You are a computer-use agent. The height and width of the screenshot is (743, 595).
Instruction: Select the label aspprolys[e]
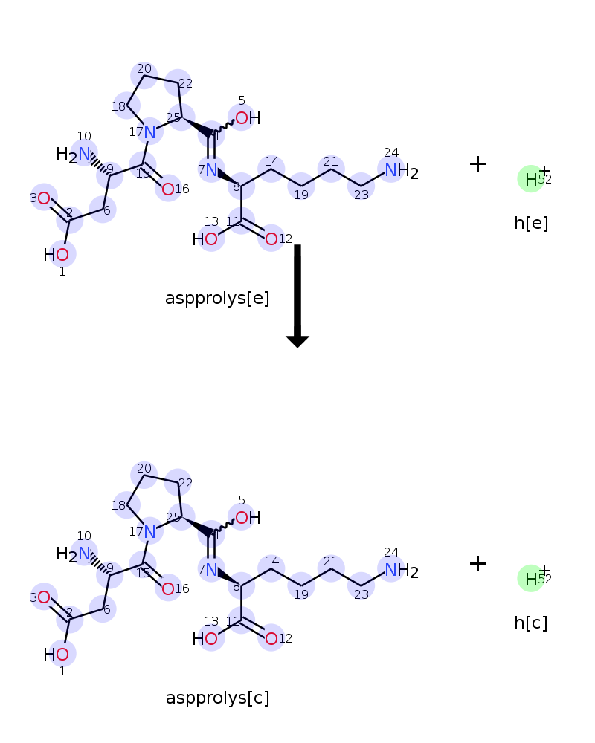click(217, 299)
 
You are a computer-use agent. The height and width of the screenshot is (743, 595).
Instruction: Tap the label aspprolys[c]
click(217, 698)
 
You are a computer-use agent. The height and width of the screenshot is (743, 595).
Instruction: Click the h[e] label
click(531, 223)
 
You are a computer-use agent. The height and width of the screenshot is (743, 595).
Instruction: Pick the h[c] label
click(531, 623)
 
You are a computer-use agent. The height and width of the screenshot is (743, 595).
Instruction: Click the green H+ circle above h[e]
click(531, 179)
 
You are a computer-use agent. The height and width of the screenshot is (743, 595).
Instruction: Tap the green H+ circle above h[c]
click(531, 579)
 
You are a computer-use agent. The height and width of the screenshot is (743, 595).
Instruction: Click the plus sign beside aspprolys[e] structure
click(477, 164)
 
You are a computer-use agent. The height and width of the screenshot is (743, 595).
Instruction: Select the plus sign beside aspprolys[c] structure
click(477, 564)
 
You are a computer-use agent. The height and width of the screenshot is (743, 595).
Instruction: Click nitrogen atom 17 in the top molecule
click(150, 132)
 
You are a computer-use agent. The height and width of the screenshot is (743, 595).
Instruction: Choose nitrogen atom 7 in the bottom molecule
click(210, 570)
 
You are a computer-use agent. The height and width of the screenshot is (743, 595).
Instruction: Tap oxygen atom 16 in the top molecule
click(168, 189)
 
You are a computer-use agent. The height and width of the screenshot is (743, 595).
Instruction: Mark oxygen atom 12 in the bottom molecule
click(271, 638)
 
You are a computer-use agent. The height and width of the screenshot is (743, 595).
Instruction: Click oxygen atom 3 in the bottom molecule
click(44, 597)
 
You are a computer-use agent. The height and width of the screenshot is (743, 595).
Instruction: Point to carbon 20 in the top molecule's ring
click(144, 74)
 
